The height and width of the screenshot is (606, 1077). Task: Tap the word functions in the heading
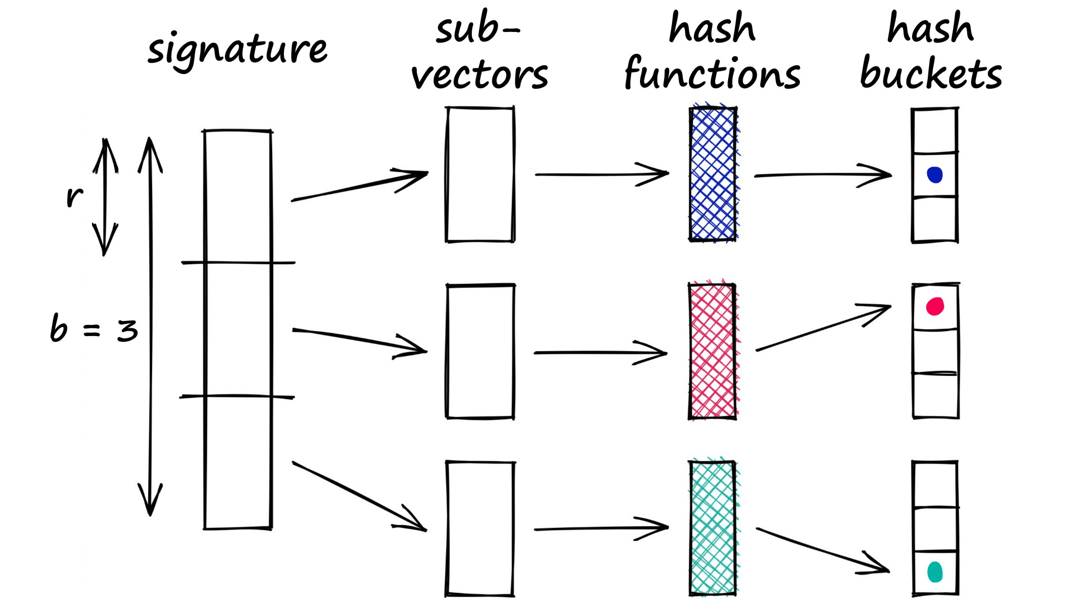712,75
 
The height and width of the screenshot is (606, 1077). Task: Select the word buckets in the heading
931,75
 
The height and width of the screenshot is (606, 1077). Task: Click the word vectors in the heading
480,76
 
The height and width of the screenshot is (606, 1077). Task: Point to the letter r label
74,196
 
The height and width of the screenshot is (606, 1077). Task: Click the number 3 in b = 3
127,330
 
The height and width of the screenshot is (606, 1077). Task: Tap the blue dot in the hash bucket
935,175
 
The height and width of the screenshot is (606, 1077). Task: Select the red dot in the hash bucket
935,306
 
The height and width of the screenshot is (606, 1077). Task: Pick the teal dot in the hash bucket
935,572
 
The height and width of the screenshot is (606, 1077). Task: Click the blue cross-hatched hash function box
713,174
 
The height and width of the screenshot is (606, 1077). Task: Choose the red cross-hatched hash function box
712,351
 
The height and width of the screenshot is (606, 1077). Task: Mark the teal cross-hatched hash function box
712,527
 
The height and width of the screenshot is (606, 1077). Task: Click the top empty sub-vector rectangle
480,174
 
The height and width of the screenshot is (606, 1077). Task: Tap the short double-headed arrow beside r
105,196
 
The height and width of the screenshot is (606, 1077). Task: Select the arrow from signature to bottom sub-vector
359,496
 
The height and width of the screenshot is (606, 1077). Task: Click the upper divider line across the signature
238,262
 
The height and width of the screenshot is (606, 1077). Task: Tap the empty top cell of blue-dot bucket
935,131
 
